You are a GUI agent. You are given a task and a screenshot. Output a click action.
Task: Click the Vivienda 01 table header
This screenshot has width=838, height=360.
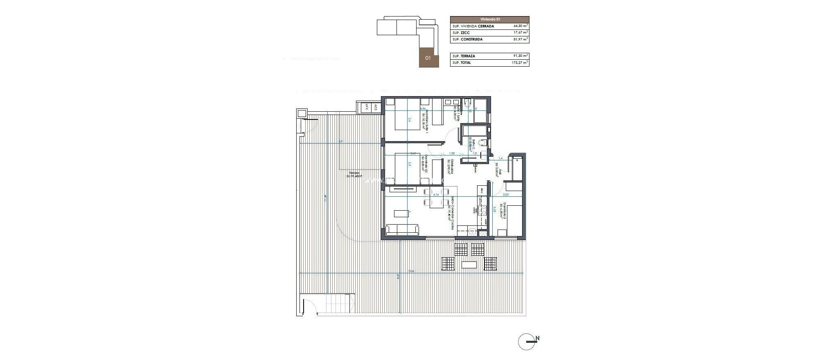pos(489,19)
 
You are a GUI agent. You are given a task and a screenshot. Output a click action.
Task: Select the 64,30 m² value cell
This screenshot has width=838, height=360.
pos(520,26)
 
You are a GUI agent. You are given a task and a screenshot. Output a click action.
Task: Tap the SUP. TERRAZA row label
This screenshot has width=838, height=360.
pos(464,56)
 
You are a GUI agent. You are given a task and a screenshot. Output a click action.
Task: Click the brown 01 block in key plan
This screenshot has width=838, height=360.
pos(428,58)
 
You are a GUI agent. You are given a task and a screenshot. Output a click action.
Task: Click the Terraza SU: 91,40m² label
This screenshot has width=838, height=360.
pos(68,175)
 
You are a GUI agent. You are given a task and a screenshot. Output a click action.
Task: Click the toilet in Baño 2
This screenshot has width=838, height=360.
pos(483,143)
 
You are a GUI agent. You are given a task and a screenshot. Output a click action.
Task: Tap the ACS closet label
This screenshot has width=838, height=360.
pos(89,107)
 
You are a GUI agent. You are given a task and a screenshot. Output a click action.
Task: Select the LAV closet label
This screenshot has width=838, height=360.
pos(80,107)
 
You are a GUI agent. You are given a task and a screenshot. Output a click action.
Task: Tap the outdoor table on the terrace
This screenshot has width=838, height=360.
pos(469,265)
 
